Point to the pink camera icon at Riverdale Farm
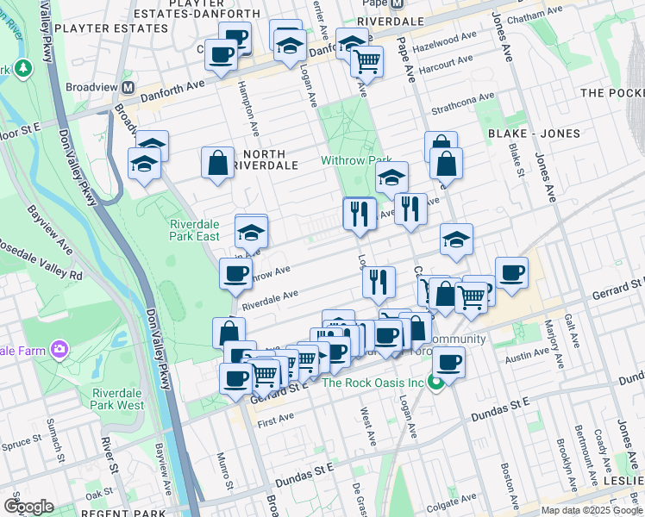59,349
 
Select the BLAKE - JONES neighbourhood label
534,134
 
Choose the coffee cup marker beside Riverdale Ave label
235,275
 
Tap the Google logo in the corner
29,506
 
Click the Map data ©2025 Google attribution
592,510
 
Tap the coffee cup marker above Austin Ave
449,362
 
